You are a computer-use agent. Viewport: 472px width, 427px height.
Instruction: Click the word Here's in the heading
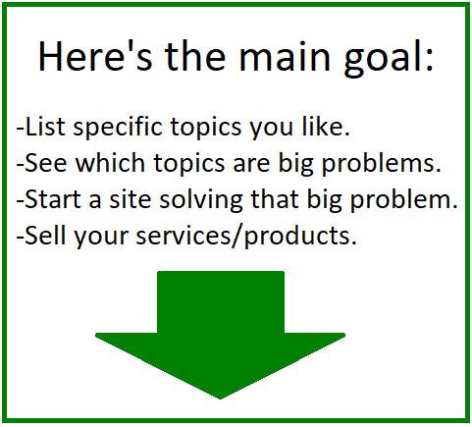point(95,55)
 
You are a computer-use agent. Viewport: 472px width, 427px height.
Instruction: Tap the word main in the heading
point(285,56)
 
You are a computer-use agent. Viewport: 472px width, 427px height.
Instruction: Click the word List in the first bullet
point(45,126)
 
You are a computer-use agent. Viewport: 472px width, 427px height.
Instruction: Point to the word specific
point(118,128)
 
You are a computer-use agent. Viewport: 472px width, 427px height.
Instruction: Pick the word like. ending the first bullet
point(326,126)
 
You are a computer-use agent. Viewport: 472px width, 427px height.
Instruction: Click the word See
point(46,163)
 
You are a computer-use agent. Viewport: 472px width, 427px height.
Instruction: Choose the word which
point(110,162)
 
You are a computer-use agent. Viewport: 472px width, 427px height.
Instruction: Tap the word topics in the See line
point(189,164)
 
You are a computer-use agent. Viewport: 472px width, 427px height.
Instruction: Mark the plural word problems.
point(382,164)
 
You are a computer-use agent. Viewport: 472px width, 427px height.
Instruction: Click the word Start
point(53,198)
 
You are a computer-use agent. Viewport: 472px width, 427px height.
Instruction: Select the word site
point(131,198)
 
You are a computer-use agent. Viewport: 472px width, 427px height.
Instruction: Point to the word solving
point(201,200)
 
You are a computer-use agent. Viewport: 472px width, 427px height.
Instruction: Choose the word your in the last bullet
point(101,238)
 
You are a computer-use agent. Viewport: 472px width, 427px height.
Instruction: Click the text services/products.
point(246,236)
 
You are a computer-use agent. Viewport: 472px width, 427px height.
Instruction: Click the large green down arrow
point(221,335)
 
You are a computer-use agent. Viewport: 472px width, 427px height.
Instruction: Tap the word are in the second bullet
point(251,165)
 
